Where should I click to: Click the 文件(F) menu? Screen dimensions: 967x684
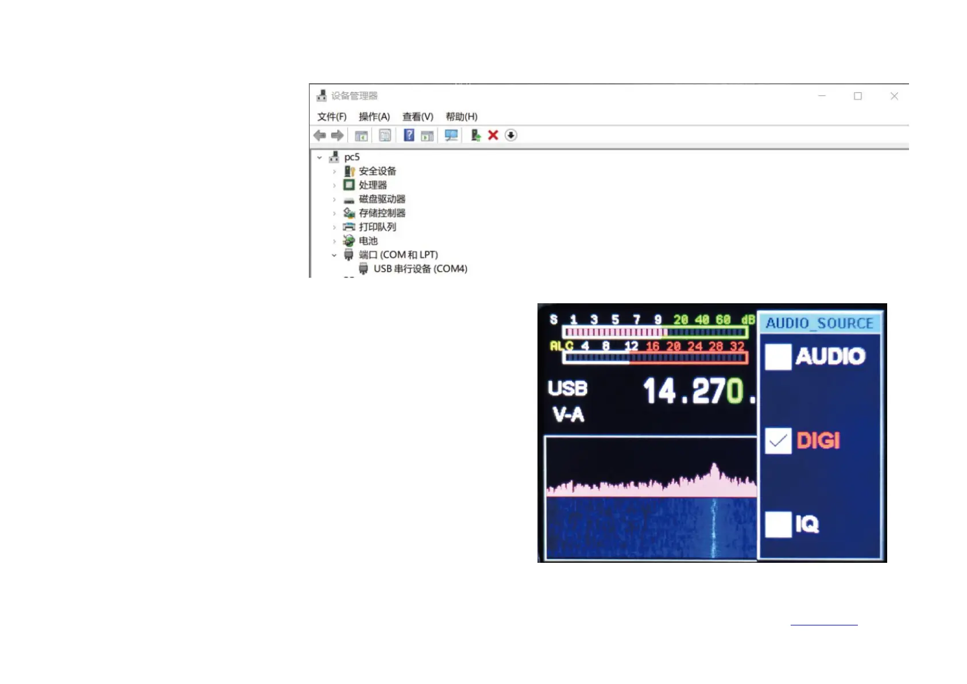tap(332, 117)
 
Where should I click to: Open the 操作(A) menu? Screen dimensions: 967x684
tap(374, 117)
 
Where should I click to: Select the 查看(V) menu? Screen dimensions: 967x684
tap(417, 117)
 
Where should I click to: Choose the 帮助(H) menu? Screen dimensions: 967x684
tap(461, 117)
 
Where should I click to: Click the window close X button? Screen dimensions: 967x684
tap(894, 96)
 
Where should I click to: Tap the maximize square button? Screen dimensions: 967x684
tap(858, 96)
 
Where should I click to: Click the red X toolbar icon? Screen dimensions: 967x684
tap(493, 135)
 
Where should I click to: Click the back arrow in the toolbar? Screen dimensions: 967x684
tap(320, 135)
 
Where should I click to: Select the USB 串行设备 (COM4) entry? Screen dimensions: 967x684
tap(420, 269)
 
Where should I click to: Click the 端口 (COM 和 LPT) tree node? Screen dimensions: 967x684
tap(398, 254)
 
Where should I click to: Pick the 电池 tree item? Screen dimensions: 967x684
tap(368, 241)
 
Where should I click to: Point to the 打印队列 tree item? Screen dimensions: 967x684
tap(377, 227)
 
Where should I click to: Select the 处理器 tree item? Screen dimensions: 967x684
tap(373, 185)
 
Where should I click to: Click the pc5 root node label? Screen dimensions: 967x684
tap(351, 157)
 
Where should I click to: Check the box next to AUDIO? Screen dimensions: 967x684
tap(778, 357)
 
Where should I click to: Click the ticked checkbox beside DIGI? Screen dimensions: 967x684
tap(778, 441)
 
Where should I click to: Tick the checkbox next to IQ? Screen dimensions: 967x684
tap(778, 524)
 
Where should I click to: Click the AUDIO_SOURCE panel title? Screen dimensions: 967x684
tap(819, 323)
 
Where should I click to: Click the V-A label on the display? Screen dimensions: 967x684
tap(568, 414)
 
